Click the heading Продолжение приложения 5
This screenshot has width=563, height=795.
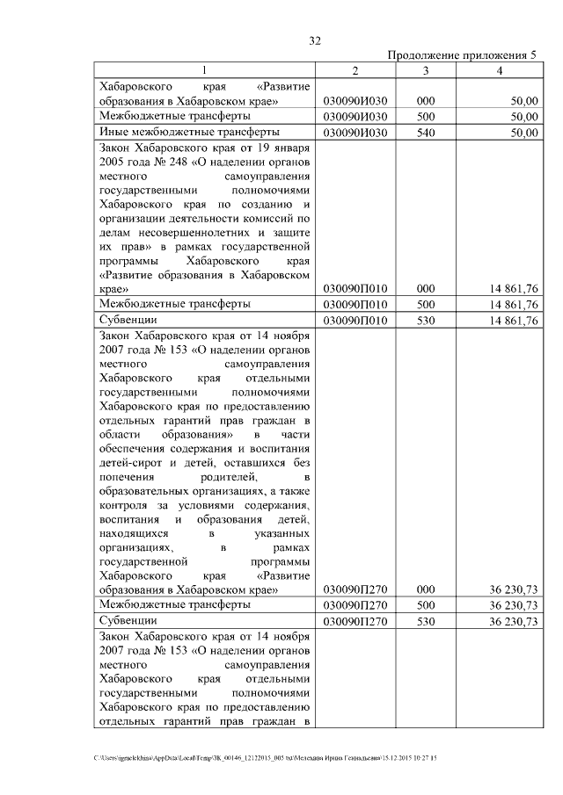(462, 56)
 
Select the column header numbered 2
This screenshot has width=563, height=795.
(354, 70)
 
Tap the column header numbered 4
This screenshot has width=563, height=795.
(499, 70)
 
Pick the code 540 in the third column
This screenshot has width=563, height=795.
(426, 133)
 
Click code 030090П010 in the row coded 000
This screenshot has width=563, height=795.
(354, 288)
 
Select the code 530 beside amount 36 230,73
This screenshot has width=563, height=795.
(426, 622)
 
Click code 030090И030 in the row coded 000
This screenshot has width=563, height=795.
(354, 102)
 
